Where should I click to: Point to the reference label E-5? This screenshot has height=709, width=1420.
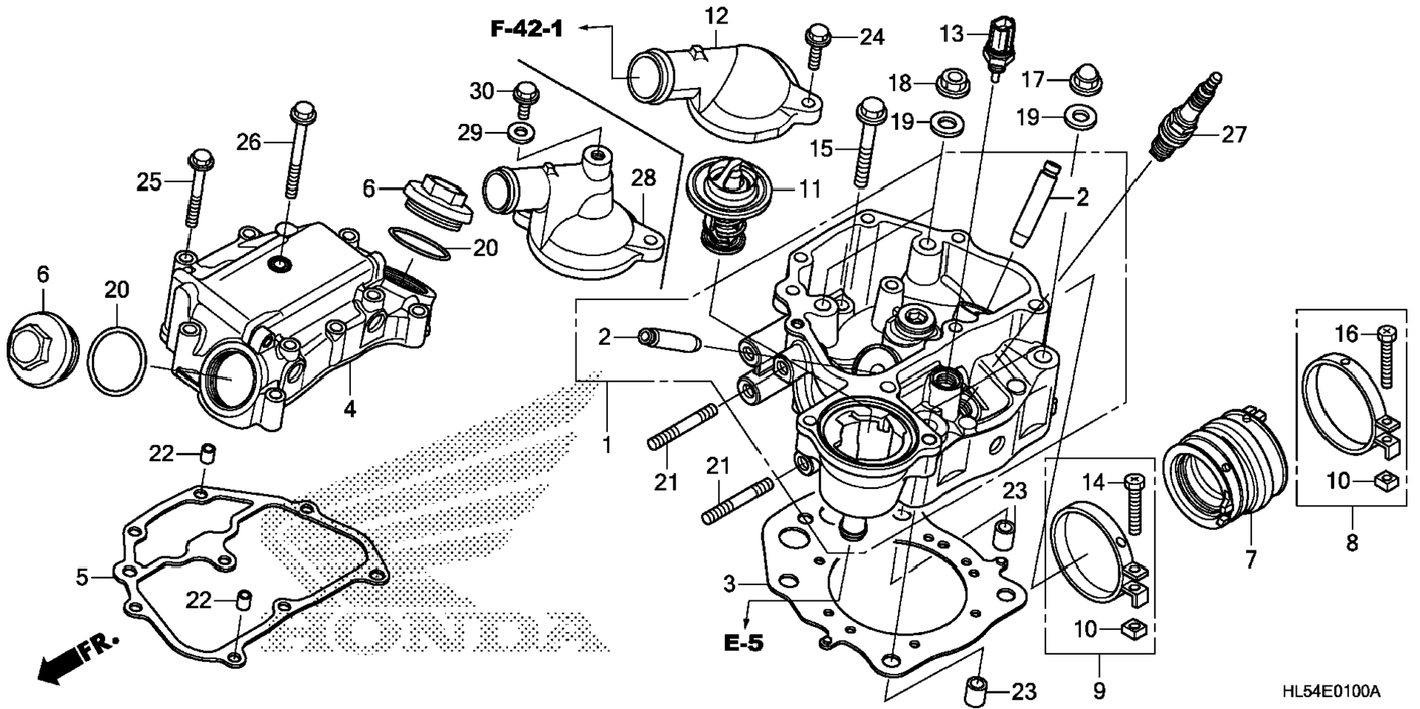coord(743,643)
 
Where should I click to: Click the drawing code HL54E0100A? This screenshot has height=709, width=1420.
coord(1330,691)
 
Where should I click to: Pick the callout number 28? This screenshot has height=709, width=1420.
coord(643,178)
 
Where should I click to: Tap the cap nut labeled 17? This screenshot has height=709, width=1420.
coord(1085,79)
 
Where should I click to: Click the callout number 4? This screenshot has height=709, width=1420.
coord(349,409)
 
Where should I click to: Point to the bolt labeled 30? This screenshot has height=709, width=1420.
coord(524,100)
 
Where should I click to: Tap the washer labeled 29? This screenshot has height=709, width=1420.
coord(521,133)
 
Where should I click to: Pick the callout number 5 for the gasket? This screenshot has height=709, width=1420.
coord(81,578)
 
